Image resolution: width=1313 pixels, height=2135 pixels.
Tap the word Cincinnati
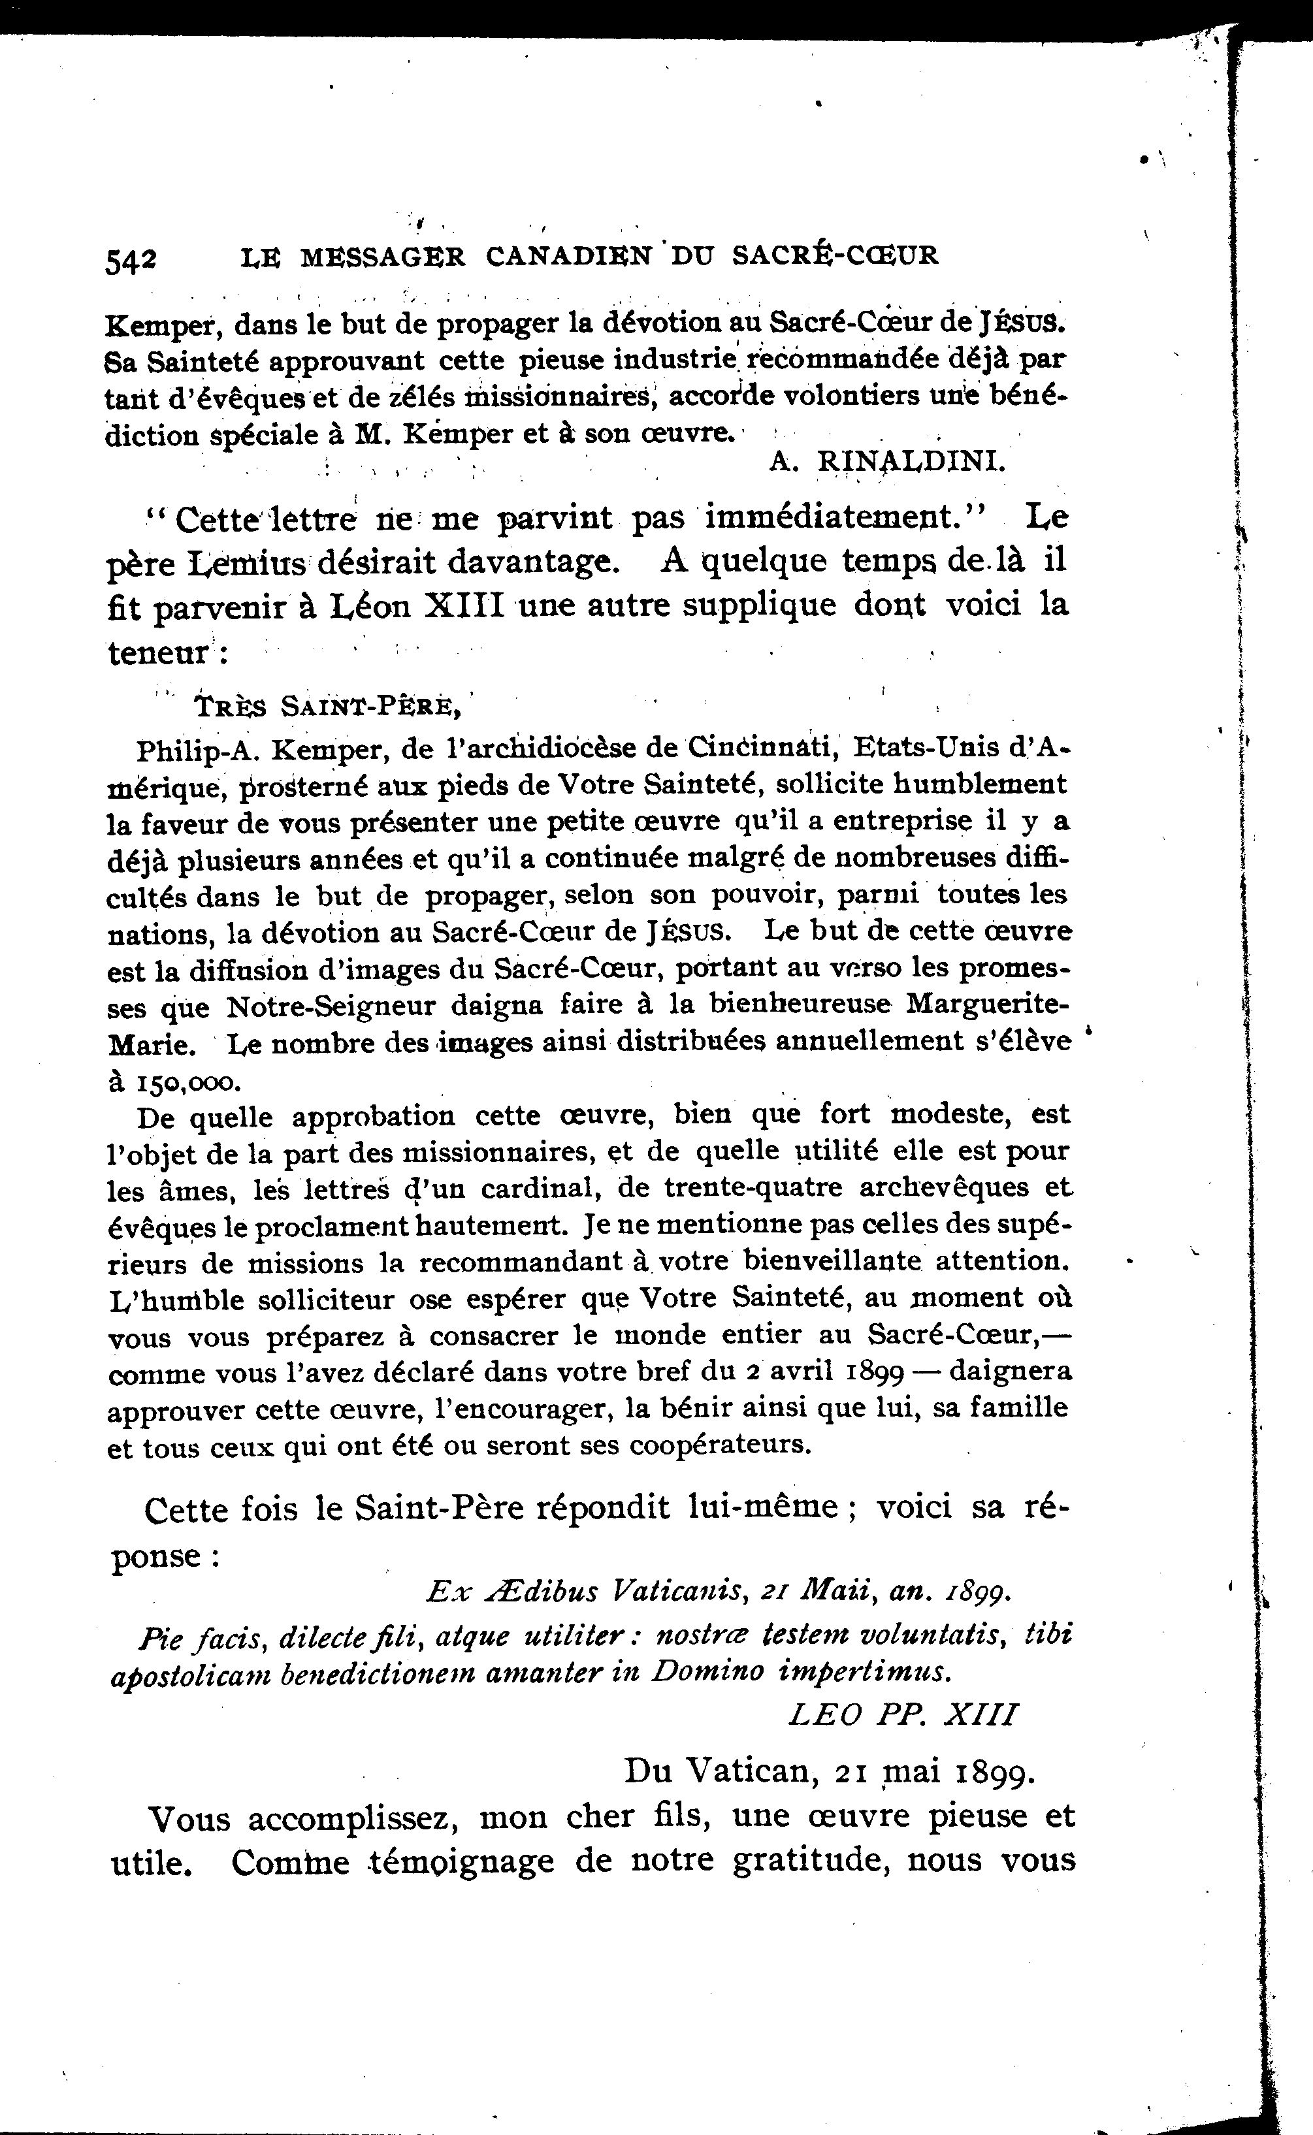(x=762, y=746)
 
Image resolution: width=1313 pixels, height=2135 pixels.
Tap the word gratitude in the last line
(x=807, y=1860)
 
